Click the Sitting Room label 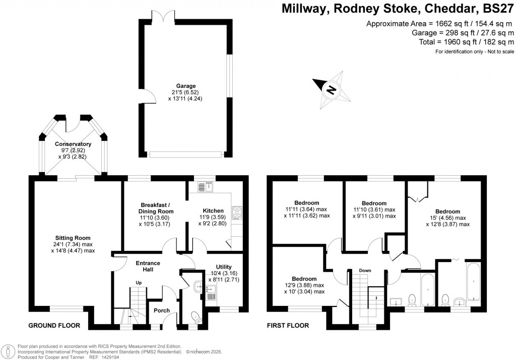pos(73,238)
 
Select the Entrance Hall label pos(148,266)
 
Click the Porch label pos(162,310)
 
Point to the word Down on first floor pos(365,271)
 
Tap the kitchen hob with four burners pos(236,210)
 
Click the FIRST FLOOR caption pos(288,326)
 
